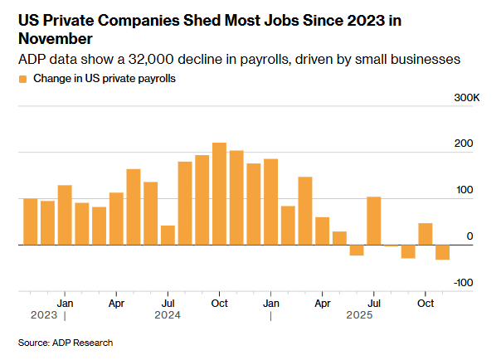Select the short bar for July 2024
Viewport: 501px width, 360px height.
pos(168,236)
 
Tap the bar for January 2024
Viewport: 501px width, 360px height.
pos(65,215)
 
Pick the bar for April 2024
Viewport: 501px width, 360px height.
pos(116,219)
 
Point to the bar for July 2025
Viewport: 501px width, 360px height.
pos(374,221)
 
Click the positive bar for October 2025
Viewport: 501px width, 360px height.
pos(426,234)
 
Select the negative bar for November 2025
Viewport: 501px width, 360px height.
pos(443,252)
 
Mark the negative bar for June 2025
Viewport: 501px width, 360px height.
pos(357,250)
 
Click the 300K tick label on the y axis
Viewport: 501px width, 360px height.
pos(467,99)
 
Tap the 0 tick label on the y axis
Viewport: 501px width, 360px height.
pos(469,236)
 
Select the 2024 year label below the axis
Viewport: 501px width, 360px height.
pos(168,315)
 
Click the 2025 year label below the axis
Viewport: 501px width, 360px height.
pos(358,315)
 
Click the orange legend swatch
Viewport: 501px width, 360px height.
pos(22,79)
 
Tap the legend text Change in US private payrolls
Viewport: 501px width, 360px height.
pos(105,79)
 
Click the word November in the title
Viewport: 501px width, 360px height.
pos(54,39)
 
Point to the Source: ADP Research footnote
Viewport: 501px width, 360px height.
pos(66,343)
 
